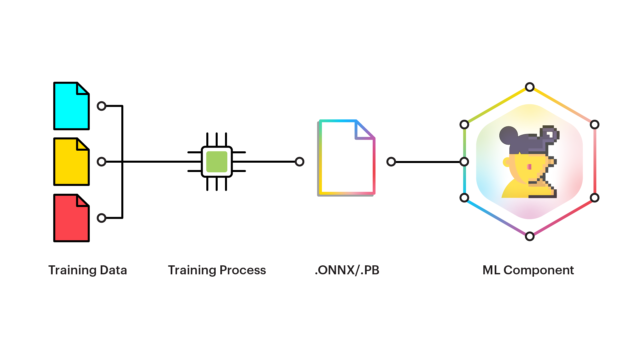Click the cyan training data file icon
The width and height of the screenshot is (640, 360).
[x=71, y=106]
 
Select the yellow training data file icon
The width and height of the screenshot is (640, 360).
[x=71, y=162]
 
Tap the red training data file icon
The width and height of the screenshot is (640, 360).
[x=71, y=218]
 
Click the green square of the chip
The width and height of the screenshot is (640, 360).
[x=217, y=162]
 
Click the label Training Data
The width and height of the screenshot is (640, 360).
[x=88, y=270]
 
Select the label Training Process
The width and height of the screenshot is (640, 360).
[x=217, y=270]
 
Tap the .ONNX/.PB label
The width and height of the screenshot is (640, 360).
[x=347, y=270]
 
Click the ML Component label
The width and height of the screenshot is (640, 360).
[x=528, y=270]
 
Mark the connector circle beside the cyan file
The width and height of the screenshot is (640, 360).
[x=102, y=106]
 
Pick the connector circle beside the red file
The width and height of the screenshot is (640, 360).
[x=102, y=218]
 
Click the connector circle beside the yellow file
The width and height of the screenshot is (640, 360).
[x=102, y=162]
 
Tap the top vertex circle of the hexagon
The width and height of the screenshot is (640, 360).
[x=530, y=87]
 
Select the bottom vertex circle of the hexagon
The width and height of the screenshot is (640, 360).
[x=530, y=236]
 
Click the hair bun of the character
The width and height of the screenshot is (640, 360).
[x=508, y=135]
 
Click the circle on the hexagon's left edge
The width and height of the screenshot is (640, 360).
[x=464, y=162]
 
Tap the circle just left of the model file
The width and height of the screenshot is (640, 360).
[x=300, y=162]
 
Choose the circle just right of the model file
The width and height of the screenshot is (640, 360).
[x=391, y=162]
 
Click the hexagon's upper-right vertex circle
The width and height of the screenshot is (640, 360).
[x=595, y=125]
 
